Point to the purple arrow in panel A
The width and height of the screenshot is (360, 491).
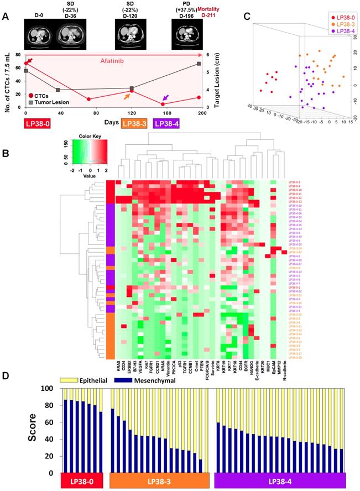pyautogui.click(x=165, y=98)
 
